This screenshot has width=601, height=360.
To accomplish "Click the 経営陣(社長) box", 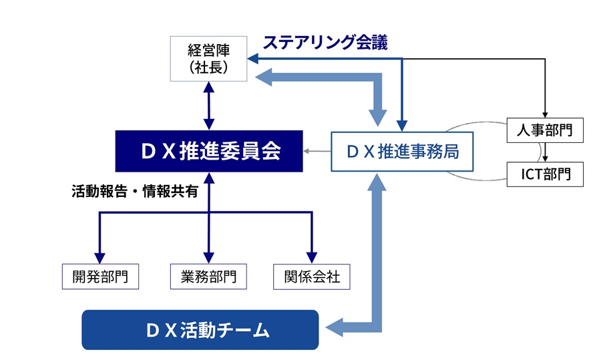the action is (x=208, y=59).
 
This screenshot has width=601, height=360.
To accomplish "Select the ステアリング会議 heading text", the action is (x=325, y=42).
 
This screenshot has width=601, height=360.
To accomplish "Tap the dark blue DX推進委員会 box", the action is (x=209, y=151).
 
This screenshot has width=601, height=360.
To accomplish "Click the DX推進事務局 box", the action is (x=402, y=152).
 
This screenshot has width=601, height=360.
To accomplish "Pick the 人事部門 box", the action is (x=545, y=130).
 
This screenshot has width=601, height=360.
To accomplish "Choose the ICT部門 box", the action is (x=545, y=174).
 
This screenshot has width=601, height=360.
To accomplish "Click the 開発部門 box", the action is (x=100, y=277).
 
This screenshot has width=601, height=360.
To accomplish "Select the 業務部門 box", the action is (x=208, y=277).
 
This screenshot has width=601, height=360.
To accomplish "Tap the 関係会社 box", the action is (x=312, y=277).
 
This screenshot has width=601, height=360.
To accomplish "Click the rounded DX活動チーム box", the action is (x=200, y=330).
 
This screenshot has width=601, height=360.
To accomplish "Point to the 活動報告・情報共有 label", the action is (x=134, y=191).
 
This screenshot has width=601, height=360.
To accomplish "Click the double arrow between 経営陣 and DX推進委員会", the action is (x=209, y=106).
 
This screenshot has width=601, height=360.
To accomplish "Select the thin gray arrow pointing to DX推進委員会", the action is (x=317, y=151).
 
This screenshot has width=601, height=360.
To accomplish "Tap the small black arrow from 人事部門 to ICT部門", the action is (x=545, y=152).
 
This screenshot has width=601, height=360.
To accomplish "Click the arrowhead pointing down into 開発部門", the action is (x=99, y=258).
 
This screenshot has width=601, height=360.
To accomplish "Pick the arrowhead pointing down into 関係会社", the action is (x=312, y=258).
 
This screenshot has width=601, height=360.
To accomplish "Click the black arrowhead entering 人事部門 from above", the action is (x=545, y=115).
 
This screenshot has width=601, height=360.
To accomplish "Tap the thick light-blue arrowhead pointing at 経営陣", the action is (x=264, y=77).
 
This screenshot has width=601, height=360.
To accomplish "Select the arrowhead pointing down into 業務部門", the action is (x=208, y=258).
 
